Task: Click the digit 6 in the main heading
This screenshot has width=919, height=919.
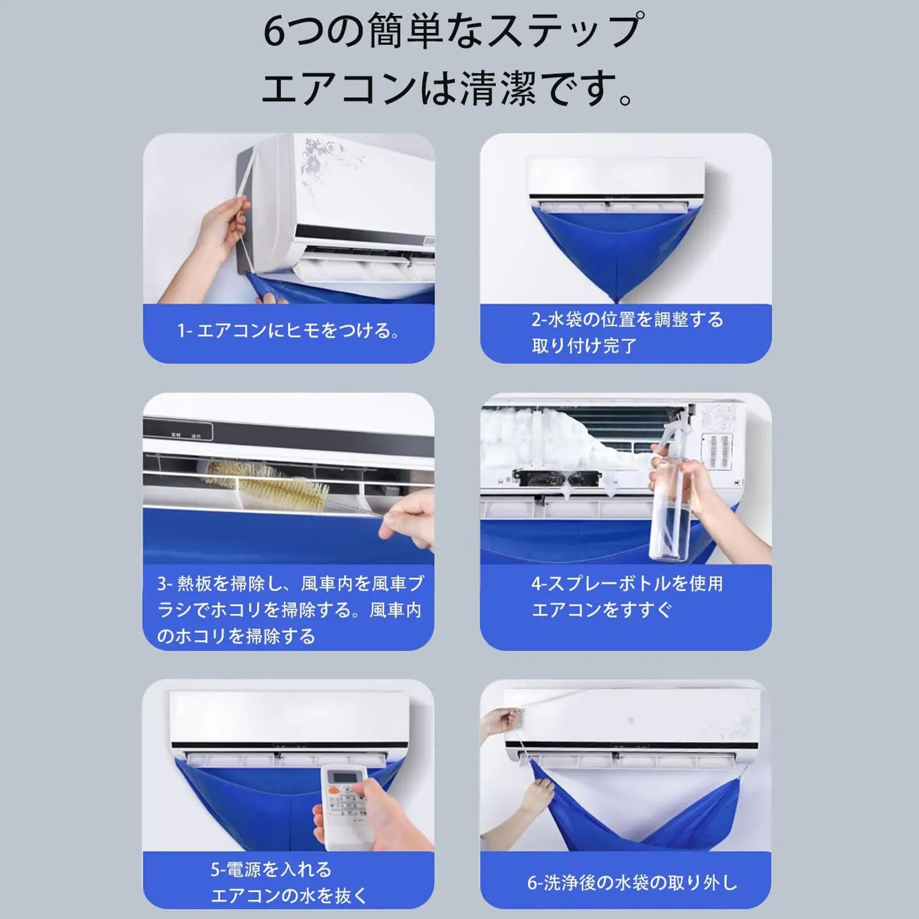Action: pos(274,32)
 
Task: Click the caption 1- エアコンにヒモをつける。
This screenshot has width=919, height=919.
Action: pos(289,331)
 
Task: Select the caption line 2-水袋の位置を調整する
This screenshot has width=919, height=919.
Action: pos(627,319)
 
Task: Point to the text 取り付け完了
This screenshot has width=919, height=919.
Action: pos(584,346)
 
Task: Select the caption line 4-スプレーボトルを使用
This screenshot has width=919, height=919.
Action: pos(627,584)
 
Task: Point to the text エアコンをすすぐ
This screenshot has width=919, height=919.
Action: pos(602,610)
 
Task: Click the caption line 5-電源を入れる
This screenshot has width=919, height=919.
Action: pos(271,870)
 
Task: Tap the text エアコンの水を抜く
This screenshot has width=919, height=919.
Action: pos(289,895)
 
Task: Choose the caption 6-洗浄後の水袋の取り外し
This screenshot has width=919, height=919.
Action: pos(631,883)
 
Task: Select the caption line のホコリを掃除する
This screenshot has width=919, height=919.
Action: pos(236,636)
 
